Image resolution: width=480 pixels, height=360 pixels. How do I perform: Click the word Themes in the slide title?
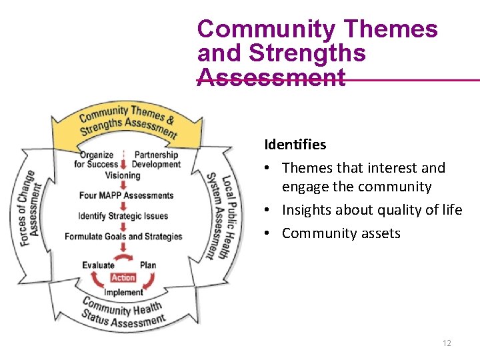(x=391, y=29)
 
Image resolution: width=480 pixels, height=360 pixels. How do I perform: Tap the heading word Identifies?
(x=295, y=145)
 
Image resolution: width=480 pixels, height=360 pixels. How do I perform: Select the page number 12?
(x=447, y=343)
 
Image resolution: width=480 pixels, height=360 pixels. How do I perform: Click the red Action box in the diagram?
(x=123, y=277)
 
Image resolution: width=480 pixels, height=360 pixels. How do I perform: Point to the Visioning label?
(x=123, y=175)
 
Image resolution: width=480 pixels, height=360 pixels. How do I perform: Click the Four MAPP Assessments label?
(x=126, y=195)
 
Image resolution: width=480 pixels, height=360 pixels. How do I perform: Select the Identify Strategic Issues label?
(x=123, y=216)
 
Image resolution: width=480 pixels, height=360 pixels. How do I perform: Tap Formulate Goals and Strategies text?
(x=123, y=236)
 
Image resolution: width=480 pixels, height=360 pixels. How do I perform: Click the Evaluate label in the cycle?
(x=98, y=265)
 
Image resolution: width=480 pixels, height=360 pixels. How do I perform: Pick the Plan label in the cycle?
(x=148, y=265)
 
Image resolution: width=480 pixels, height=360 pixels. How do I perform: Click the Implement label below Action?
(x=123, y=292)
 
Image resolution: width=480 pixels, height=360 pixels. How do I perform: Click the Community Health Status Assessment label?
(x=123, y=313)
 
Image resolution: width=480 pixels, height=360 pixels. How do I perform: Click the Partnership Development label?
(x=156, y=160)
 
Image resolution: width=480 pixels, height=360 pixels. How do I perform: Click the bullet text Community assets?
(x=341, y=233)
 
